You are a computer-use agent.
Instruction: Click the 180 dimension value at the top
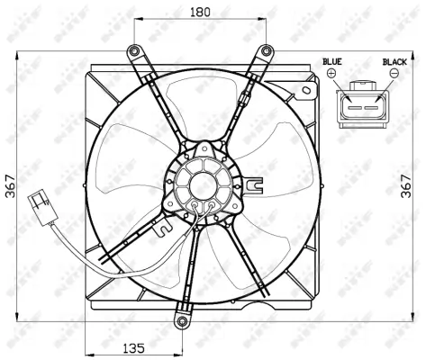point(201,12)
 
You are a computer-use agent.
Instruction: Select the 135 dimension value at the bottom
point(133,347)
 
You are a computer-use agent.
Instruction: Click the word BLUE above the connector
point(332,61)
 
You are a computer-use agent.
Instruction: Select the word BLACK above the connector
point(394,61)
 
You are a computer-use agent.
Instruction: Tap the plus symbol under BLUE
point(331,74)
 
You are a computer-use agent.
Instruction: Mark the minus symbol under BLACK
point(394,74)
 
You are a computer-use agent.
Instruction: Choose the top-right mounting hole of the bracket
point(267,50)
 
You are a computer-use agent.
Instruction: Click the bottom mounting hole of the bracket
point(182,321)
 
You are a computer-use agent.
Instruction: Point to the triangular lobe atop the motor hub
point(205,148)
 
